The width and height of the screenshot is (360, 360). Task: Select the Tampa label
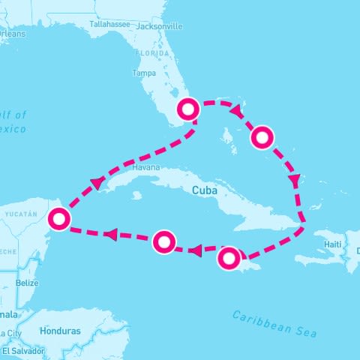[x=143, y=73]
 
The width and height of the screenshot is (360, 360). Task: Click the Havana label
[x=145, y=167]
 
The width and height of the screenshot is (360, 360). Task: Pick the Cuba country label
[x=205, y=190]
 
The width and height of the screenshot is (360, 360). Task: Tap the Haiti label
[x=332, y=244]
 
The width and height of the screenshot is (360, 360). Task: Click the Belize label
[x=27, y=283]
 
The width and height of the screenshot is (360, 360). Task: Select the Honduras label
[x=62, y=331]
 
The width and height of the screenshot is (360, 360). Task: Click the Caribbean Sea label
[x=274, y=323]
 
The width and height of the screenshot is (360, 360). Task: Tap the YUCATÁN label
[x=20, y=214]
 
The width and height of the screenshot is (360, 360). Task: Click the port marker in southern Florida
[x=187, y=109]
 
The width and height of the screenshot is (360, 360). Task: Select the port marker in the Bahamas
[x=262, y=136]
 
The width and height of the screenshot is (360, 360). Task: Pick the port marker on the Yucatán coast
[x=58, y=218]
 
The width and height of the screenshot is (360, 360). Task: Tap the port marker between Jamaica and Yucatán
[x=164, y=241]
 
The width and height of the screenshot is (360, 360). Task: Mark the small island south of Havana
[x=136, y=196]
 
